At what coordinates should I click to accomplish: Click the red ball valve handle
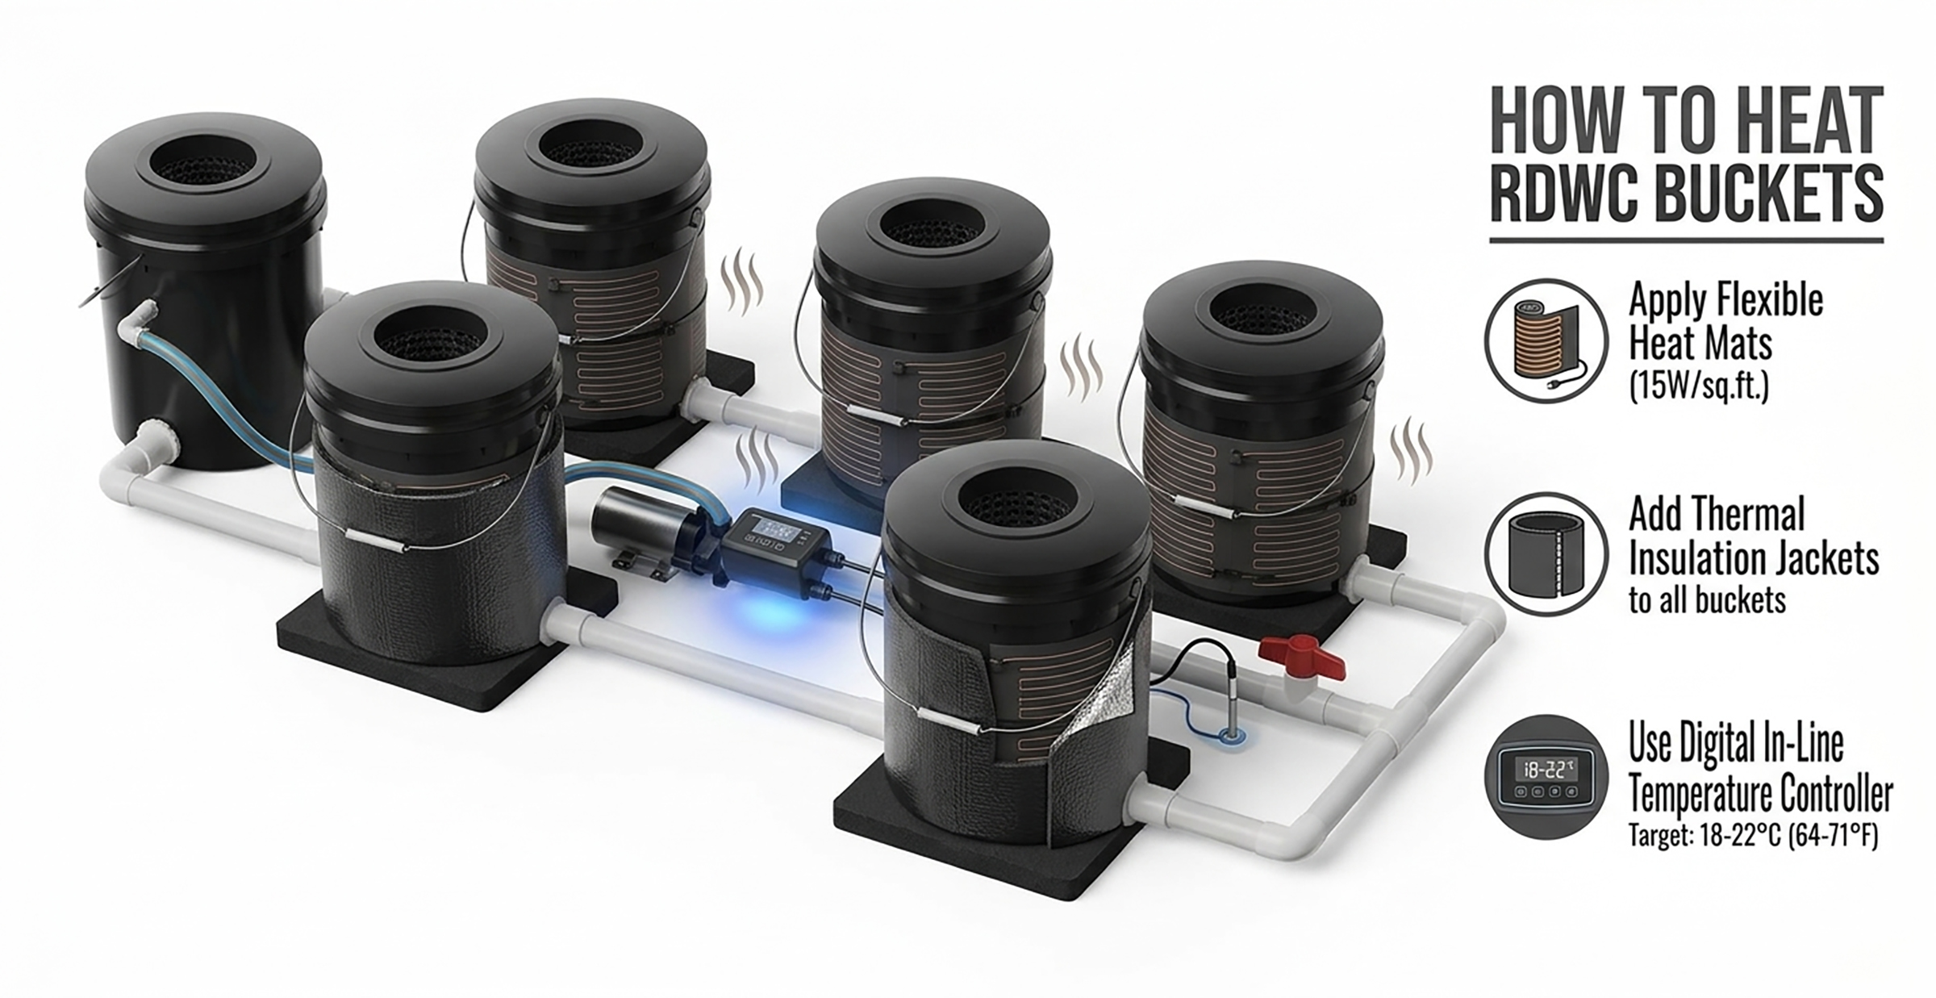pyautogui.click(x=1302, y=657)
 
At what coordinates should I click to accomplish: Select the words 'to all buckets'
pyautogui.click(x=1706, y=600)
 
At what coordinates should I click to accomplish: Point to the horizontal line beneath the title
pyautogui.click(x=1686, y=240)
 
